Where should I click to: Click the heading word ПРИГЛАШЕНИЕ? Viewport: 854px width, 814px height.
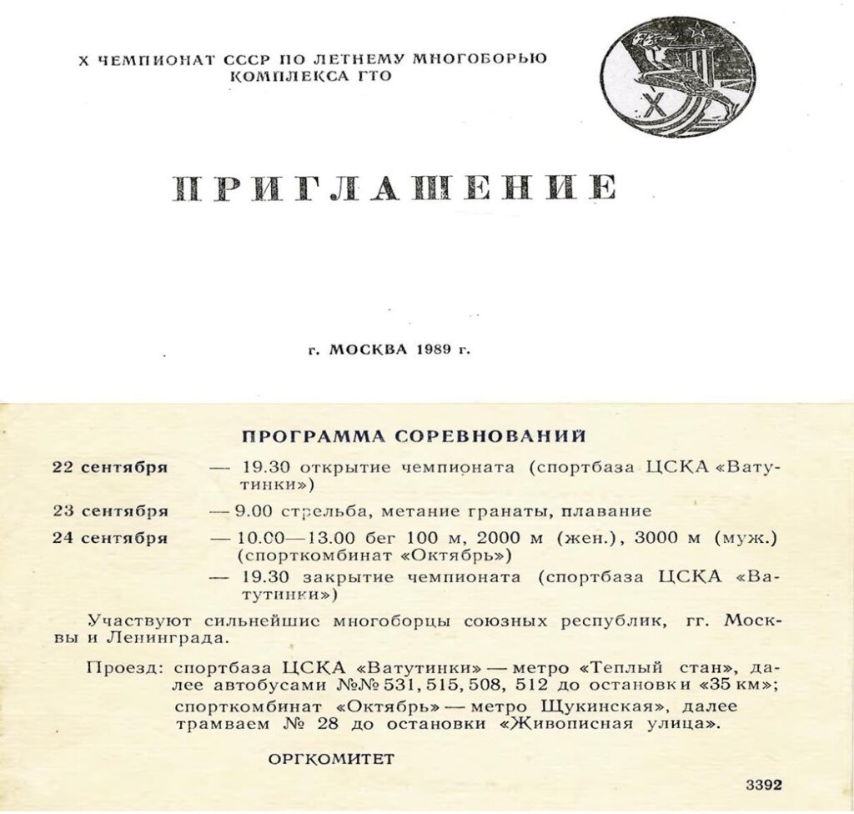394,189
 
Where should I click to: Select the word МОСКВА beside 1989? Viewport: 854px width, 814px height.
366,349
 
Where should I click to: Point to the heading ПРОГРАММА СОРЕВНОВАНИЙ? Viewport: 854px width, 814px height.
414,436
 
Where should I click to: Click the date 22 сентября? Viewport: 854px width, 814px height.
110,467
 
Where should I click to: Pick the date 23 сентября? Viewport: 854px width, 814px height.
110,510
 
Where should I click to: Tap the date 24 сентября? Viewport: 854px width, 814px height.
110,538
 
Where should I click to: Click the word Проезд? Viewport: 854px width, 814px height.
125,669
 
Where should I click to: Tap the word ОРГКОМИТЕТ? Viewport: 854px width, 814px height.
331,759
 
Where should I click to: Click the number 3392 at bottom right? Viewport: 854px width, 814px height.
763,786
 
